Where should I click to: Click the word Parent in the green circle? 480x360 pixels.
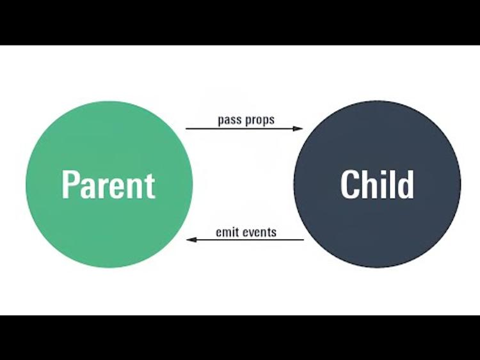click(x=109, y=184)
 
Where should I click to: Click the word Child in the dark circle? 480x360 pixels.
click(x=377, y=184)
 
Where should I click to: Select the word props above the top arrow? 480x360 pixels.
click(x=259, y=120)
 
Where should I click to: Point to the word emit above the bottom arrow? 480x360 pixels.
click(x=227, y=231)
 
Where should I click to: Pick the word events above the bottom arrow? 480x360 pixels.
click(x=260, y=231)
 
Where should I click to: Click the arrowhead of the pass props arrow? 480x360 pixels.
click(x=298, y=129)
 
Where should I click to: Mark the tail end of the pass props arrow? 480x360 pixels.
click(x=187, y=129)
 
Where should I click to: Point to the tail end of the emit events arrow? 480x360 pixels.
click(x=303, y=240)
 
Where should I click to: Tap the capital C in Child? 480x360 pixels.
click(x=349, y=184)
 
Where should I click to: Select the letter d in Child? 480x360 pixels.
click(x=406, y=184)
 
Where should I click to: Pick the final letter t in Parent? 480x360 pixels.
click(x=150, y=185)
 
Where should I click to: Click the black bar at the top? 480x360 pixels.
click(x=240, y=22)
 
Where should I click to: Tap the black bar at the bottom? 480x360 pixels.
click(x=240, y=338)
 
